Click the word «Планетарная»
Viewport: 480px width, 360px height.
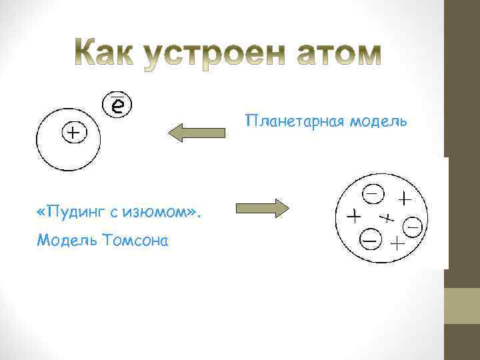tap(293, 122)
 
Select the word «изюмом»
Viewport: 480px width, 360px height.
tap(158, 212)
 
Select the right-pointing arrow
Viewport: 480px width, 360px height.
tap(262, 209)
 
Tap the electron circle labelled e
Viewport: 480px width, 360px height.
tap(117, 104)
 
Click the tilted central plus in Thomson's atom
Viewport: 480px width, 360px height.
tap(386, 217)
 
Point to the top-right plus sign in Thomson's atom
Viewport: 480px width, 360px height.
tap(405, 198)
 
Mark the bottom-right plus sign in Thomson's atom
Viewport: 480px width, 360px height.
tap(397, 243)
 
